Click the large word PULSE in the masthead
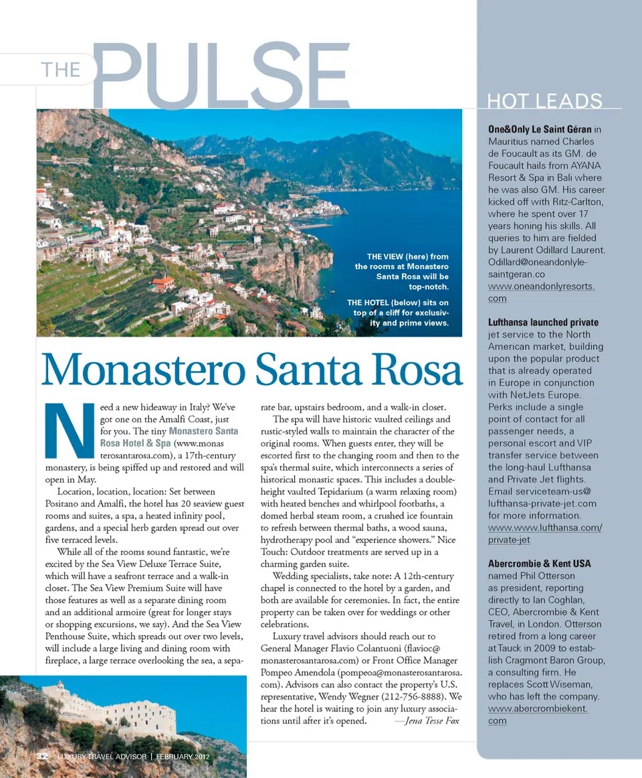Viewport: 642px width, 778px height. pos(221,75)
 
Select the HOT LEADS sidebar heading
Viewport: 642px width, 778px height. pos(544,101)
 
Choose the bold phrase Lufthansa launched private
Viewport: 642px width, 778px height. pos(543,322)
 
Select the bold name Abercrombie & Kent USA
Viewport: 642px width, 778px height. pos(539,563)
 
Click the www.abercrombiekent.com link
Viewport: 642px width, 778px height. pos(538,714)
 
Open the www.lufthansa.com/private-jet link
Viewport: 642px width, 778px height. pos(544,534)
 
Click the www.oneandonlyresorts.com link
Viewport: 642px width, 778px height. pos(541,292)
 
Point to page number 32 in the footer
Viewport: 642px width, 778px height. pos(42,756)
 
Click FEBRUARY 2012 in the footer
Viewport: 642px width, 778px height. pos(185,757)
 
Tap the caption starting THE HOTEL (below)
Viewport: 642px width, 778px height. pos(399,313)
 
